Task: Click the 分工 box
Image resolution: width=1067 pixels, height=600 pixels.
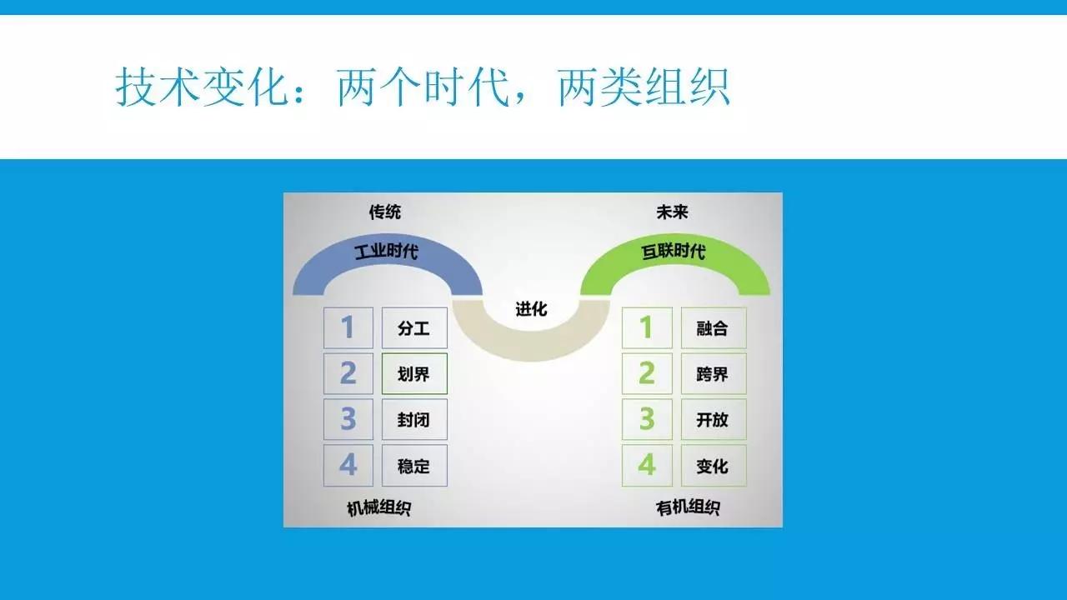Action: (x=414, y=327)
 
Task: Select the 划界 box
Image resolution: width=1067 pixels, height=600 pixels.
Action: (x=414, y=374)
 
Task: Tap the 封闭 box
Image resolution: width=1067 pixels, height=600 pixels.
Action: (x=414, y=419)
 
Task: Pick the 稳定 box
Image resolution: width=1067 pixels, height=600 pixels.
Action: (x=414, y=465)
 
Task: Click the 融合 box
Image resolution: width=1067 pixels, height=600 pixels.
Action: (x=714, y=327)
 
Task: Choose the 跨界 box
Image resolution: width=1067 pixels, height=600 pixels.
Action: (x=714, y=374)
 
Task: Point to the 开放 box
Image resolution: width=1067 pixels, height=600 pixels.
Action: (x=714, y=419)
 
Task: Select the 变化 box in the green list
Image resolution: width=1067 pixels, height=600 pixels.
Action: (x=714, y=465)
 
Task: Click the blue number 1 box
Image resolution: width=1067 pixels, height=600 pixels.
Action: (x=348, y=327)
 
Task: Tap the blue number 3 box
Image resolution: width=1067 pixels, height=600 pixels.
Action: (x=348, y=419)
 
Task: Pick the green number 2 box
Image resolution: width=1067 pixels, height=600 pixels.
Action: (x=647, y=374)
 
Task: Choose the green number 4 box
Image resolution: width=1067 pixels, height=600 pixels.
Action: (x=647, y=465)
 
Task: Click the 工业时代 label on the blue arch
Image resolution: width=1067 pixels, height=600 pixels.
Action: (x=386, y=251)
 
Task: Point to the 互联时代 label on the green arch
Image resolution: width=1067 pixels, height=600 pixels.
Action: (x=673, y=251)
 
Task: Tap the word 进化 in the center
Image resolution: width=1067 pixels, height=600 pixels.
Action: (x=531, y=309)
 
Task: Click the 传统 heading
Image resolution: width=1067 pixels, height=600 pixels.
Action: (x=385, y=212)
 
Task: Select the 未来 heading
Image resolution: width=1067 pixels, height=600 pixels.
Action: (x=672, y=212)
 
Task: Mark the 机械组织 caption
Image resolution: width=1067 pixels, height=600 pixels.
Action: (x=378, y=508)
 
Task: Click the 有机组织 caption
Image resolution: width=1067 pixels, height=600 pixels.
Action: (x=688, y=507)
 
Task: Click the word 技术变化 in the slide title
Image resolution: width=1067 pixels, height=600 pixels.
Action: (x=202, y=87)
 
